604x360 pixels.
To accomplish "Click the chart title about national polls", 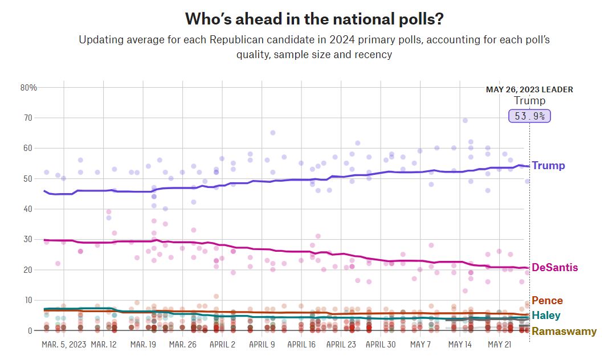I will (x=315, y=19).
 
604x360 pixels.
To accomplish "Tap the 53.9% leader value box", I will (x=529, y=116).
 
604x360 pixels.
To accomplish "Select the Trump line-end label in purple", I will (x=548, y=166).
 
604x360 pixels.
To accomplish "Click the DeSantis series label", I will (x=554, y=268).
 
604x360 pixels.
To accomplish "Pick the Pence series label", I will (x=547, y=301).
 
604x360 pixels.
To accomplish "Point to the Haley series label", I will (x=546, y=316).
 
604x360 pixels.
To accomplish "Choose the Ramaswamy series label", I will (x=564, y=331).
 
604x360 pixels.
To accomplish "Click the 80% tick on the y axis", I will (x=28, y=88).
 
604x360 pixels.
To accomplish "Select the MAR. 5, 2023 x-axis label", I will (x=64, y=345).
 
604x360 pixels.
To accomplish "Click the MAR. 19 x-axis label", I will (x=143, y=345).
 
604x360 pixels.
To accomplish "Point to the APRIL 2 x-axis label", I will (x=222, y=345).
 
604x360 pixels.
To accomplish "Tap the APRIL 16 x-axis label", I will (x=301, y=345).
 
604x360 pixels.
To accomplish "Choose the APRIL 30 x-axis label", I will (x=381, y=345).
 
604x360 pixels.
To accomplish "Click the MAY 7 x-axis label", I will (x=421, y=345).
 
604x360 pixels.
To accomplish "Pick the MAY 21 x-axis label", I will (x=499, y=345).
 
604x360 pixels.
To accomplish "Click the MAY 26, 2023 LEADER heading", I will (x=529, y=89).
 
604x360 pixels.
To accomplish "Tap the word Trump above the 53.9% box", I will (x=529, y=101).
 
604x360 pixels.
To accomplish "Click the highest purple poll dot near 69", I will (x=465, y=120).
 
